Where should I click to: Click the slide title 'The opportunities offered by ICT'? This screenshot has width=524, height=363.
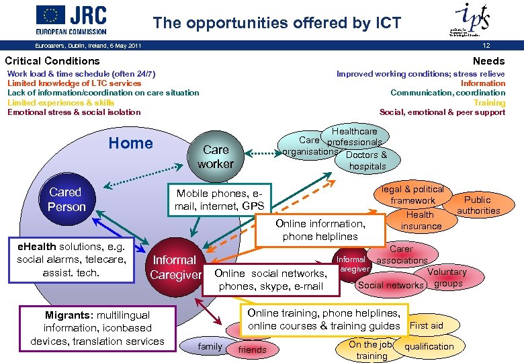(x=277, y=23)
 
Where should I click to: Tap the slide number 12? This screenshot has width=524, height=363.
(x=505, y=46)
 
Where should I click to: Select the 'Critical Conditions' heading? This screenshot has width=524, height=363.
(x=52, y=61)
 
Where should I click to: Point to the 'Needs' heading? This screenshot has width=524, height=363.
(x=488, y=61)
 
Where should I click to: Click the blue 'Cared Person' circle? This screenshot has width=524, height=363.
(x=66, y=200)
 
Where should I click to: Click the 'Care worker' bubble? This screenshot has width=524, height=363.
(x=216, y=157)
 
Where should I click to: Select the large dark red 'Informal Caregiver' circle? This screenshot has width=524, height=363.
(x=175, y=267)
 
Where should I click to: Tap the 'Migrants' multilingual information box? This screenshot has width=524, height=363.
(x=97, y=328)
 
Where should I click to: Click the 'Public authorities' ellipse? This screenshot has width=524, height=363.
(x=478, y=205)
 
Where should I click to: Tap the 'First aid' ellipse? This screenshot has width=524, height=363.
(x=427, y=325)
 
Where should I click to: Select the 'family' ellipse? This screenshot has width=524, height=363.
(x=210, y=347)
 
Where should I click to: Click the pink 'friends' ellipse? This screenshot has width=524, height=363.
(x=252, y=350)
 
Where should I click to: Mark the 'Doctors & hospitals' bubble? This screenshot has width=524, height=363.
(x=367, y=160)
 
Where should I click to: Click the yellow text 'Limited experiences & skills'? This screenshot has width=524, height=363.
(x=60, y=102)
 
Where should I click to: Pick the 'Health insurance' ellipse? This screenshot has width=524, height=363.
(x=421, y=220)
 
